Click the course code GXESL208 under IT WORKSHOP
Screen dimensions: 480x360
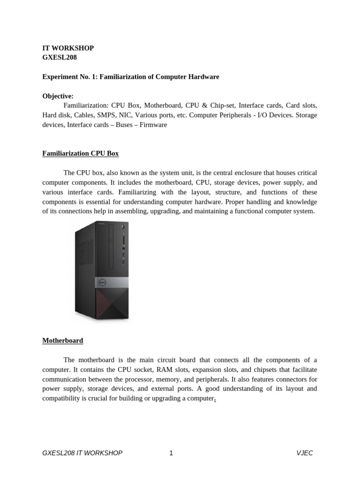tap(60, 57)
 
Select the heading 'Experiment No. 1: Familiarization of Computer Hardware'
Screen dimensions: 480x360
tap(131, 76)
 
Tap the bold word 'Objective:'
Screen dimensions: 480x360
tap(58, 96)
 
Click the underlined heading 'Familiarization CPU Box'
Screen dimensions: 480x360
tap(81, 153)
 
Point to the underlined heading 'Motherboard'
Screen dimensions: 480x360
tap(63, 340)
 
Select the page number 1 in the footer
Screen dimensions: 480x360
tap(171, 453)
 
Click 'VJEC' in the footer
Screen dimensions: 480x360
tap(304, 453)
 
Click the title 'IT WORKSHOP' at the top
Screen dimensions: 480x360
tap(68, 48)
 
